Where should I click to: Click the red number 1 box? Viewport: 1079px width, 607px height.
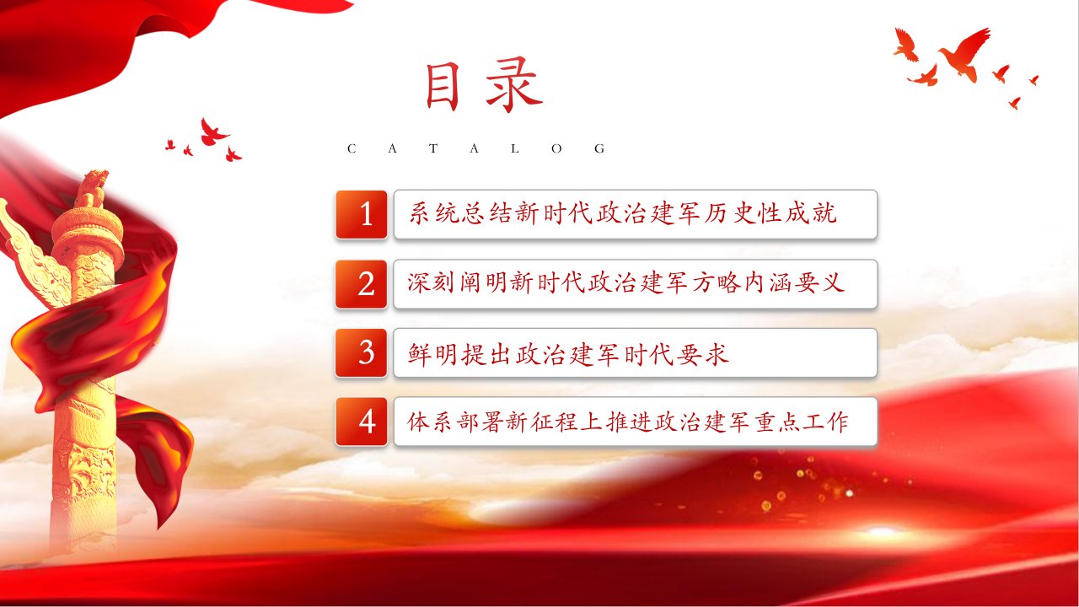pyautogui.click(x=362, y=214)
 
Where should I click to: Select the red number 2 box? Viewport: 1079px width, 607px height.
pyautogui.click(x=362, y=284)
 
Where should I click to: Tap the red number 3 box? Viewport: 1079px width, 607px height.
pyautogui.click(x=362, y=352)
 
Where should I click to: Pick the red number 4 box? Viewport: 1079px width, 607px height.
pyautogui.click(x=362, y=422)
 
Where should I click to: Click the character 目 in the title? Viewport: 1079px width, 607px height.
pyautogui.click(x=442, y=87)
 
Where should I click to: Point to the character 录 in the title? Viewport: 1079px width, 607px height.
pyautogui.click(x=514, y=86)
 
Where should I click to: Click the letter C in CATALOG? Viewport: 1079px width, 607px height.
pyautogui.click(x=352, y=148)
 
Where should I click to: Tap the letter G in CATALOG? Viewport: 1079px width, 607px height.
pyautogui.click(x=599, y=148)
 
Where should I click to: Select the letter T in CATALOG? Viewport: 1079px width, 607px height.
pyautogui.click(x=433, y=148)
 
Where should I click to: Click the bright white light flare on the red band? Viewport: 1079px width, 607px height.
pyautogui.click(x=882, y=532)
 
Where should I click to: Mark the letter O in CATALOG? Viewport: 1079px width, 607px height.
pyautogui.click(x=557, y=148)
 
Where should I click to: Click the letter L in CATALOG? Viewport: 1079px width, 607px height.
pyautogui.click(x=515, y=148)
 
